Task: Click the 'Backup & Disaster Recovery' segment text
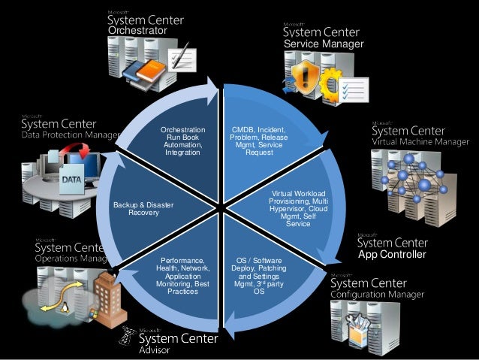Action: (x=143, y=208)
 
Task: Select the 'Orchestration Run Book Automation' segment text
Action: (x=183, y=141)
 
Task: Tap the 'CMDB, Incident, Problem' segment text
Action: (x=258, y=141)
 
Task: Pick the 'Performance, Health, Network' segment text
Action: (x=182, y=276)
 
